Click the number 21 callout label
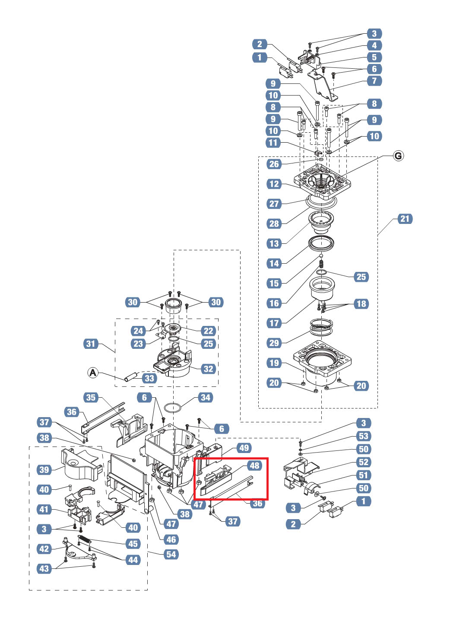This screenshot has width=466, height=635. tap(404, 219)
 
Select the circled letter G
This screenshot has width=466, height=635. tap(398, 156)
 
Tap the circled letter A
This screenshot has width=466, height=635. tap(93, 372)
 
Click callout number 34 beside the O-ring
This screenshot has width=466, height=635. tap(206, 398)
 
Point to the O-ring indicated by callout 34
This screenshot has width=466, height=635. tap(173, 408)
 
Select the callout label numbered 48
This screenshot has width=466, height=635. tap(255, 466)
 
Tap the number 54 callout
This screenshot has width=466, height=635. tap(171, 555)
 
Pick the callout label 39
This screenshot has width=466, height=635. tap(44, 470)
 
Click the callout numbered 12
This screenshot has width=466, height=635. tap(274, 184)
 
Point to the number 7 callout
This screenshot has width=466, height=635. tap(374, 81)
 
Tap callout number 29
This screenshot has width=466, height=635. tap(274, 343)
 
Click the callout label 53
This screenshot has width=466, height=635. tap(364, 436)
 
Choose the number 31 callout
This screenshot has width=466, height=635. tap(91, 344)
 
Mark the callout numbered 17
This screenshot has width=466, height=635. tap(274, 323)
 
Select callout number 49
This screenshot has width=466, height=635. tap(244, 448)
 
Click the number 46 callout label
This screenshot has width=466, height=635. tap(171, 539)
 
